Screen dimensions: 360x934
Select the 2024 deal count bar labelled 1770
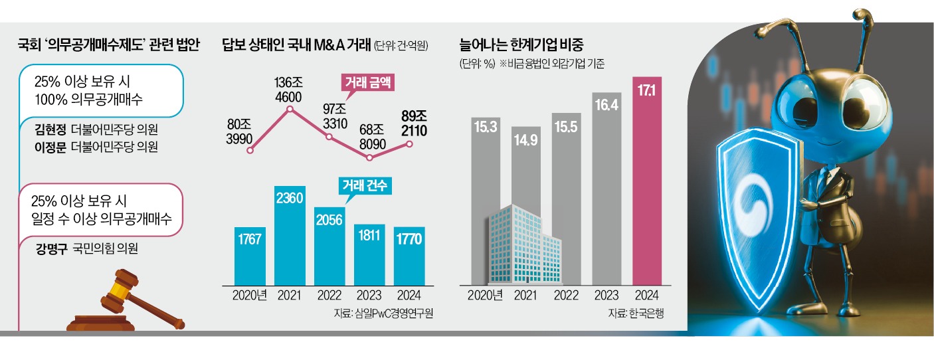click(x=408, y=255)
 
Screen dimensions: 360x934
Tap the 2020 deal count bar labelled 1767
click(x=250, y=255)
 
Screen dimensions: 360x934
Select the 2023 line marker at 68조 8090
click(x=369, y=157)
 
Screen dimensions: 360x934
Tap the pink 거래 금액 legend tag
click(x=367, y=84)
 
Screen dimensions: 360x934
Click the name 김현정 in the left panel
click(x=50, y=128)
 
